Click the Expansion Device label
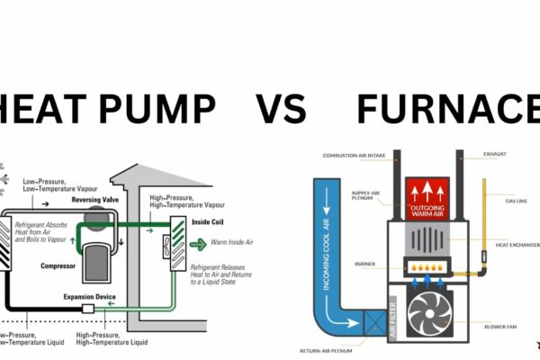point(89,294)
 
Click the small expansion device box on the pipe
point(88,308)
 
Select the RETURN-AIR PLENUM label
point(323,350)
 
